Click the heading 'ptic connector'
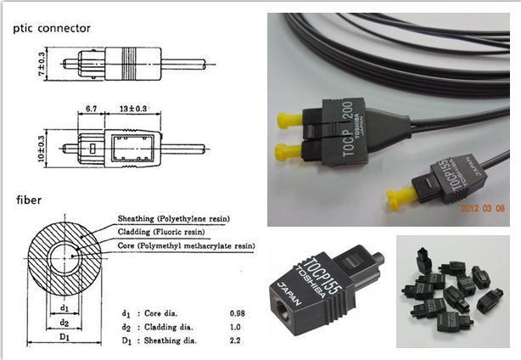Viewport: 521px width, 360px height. pyautogui.click(x=50, y=29)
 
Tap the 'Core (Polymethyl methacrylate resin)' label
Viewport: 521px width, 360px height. pyautogui.click(x=181, y=245)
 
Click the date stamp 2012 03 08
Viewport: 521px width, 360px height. pyautogui.click(x=486, y=207)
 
